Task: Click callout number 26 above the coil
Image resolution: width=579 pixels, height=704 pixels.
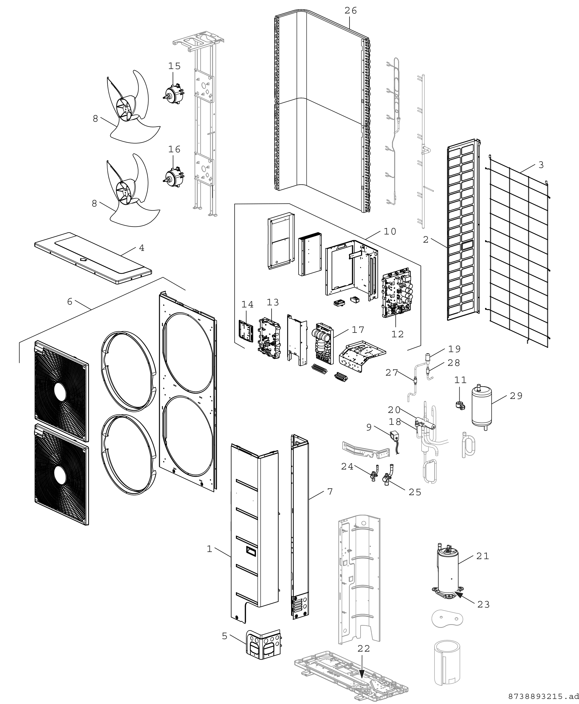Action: coord(351,11)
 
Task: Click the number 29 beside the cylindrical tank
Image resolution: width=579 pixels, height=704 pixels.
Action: coord(516,396)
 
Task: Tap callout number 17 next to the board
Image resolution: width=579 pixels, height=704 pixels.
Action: coord(358,330)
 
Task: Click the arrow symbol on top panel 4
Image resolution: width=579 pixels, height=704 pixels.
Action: coord(84,259)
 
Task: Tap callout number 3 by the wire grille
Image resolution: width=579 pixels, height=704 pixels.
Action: coord(541,165)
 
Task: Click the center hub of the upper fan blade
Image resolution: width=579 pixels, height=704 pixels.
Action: coord(124,108)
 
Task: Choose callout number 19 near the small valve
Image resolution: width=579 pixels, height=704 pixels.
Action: coord(454,349)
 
